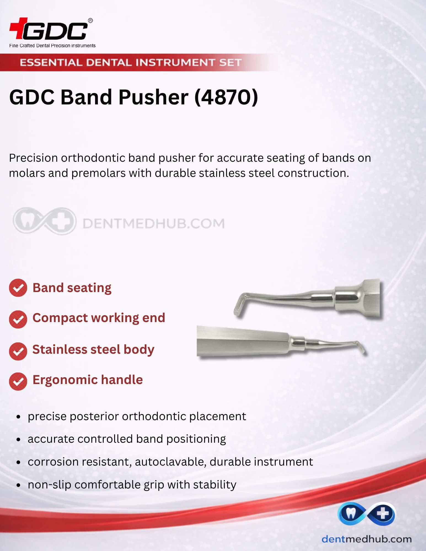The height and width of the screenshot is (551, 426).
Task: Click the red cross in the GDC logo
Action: click(x=18, y=28)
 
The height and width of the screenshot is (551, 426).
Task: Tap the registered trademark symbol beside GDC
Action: click(x=90, y=21)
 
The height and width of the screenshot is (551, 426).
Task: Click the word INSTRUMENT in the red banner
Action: click(x=175, y=63)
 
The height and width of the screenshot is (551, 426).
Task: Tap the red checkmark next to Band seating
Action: click(x=18, y=288)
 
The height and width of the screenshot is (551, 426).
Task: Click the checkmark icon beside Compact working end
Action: click(x=18, y=319)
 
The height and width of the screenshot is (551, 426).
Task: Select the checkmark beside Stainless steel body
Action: click(x=18, y=351)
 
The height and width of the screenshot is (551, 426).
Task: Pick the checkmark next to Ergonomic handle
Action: click(x=18, y=381)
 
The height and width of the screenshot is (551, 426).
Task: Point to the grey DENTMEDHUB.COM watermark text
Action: click(x=154, y=223)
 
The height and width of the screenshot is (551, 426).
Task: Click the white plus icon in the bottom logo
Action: click(x=383, y=513)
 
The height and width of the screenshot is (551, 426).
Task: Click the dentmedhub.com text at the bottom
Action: click(x=367, y=539)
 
